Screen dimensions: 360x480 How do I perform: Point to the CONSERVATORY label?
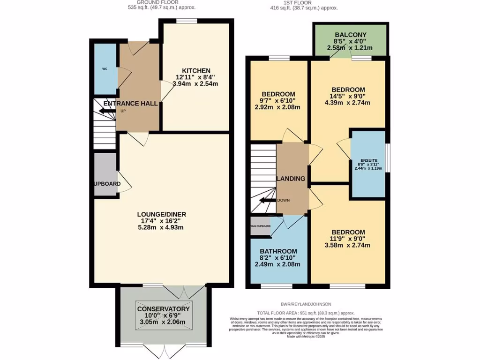click(x=163, y=309)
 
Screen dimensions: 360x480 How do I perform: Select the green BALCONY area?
click(x=350, y=41)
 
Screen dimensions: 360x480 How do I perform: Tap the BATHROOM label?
click(x=279, y=251)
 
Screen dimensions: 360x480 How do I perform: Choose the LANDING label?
click(x=291, y=179)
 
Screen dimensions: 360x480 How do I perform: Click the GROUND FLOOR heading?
click(x=162, y=3)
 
